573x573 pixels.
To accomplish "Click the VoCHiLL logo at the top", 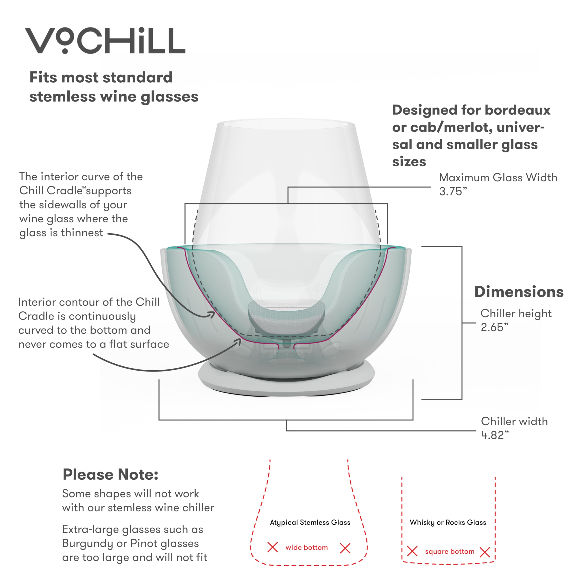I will [105, 41].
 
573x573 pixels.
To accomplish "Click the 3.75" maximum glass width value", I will [453, 192].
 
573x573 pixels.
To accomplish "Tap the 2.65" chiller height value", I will [494, 328].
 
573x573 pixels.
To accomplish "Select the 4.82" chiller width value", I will [495, 435].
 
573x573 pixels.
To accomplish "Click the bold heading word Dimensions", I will [519, 292].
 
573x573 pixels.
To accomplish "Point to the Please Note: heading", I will [110, 474].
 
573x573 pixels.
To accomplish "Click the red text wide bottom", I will [307, 547].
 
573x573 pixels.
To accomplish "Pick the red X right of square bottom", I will [485, 552].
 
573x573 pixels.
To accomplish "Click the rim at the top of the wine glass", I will [286, 122].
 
